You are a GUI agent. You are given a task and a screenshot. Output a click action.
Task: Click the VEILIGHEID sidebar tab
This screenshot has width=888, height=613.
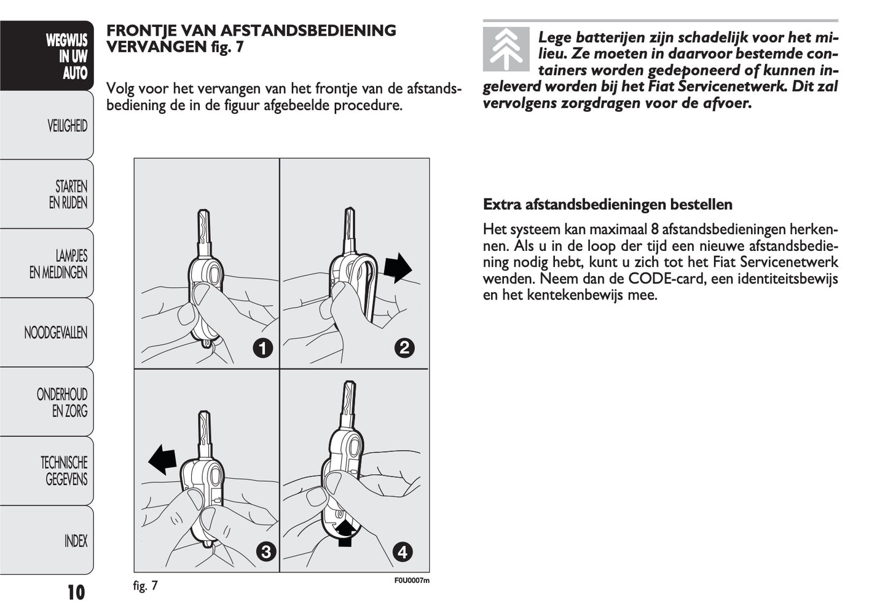[55, 126]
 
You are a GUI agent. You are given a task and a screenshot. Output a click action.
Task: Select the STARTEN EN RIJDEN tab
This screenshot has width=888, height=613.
[55, 194]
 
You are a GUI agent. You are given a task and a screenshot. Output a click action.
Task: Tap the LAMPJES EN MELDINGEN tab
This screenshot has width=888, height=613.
[55, 264]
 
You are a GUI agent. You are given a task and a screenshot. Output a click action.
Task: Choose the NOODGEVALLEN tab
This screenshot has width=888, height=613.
[55, 333]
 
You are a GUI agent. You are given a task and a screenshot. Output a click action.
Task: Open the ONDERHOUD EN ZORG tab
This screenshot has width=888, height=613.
[55, 402]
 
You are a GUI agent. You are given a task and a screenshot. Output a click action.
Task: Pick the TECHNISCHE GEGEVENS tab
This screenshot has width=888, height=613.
[55, 471]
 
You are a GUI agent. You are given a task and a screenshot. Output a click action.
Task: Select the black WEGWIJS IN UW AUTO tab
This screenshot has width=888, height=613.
[55, 57]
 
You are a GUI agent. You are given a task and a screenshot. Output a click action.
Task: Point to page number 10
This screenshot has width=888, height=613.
[76, 593]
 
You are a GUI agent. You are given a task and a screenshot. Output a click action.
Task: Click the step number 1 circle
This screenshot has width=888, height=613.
[262, 349]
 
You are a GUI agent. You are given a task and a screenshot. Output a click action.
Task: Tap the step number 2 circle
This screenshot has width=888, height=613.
[404, 349]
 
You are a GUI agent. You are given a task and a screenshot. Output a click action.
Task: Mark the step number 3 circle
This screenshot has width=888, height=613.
[265, 552]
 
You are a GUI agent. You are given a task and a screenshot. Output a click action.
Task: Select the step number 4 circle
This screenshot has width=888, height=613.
[403, 552]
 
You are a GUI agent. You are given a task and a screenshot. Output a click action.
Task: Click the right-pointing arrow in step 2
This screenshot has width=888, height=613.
[398, 267]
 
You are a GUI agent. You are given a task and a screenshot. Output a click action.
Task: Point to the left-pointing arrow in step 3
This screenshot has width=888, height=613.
[162, 461]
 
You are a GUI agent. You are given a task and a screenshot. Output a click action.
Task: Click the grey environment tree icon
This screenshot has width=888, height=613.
[506, 49]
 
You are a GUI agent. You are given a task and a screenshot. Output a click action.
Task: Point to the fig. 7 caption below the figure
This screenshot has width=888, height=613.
[146, 585]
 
